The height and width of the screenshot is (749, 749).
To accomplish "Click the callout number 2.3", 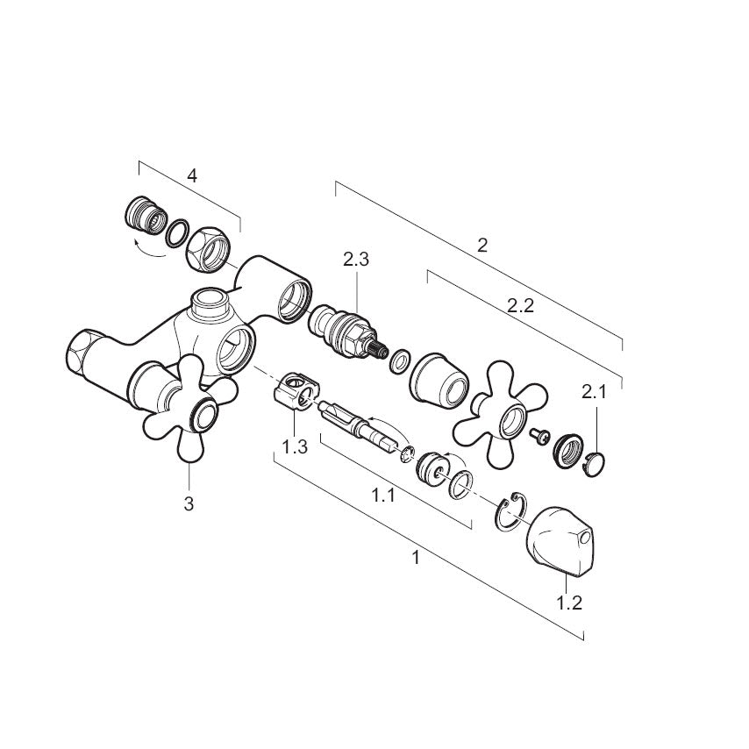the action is (356, 260).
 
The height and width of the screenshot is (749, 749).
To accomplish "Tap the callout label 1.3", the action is (295, 447).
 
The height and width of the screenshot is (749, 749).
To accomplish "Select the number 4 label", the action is (191, 175).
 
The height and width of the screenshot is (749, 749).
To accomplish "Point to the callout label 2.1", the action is (594, 392).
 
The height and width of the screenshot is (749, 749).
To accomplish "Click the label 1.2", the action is (569, 603).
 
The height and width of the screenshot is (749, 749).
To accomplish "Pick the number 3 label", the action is (189, 503).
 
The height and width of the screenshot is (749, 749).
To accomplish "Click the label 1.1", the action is (383, 496).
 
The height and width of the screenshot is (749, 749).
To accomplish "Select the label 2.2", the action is (520, 306).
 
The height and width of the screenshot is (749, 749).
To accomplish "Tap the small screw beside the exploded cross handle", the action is (539, 436).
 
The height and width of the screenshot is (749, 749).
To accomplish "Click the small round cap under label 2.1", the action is (594, 464).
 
